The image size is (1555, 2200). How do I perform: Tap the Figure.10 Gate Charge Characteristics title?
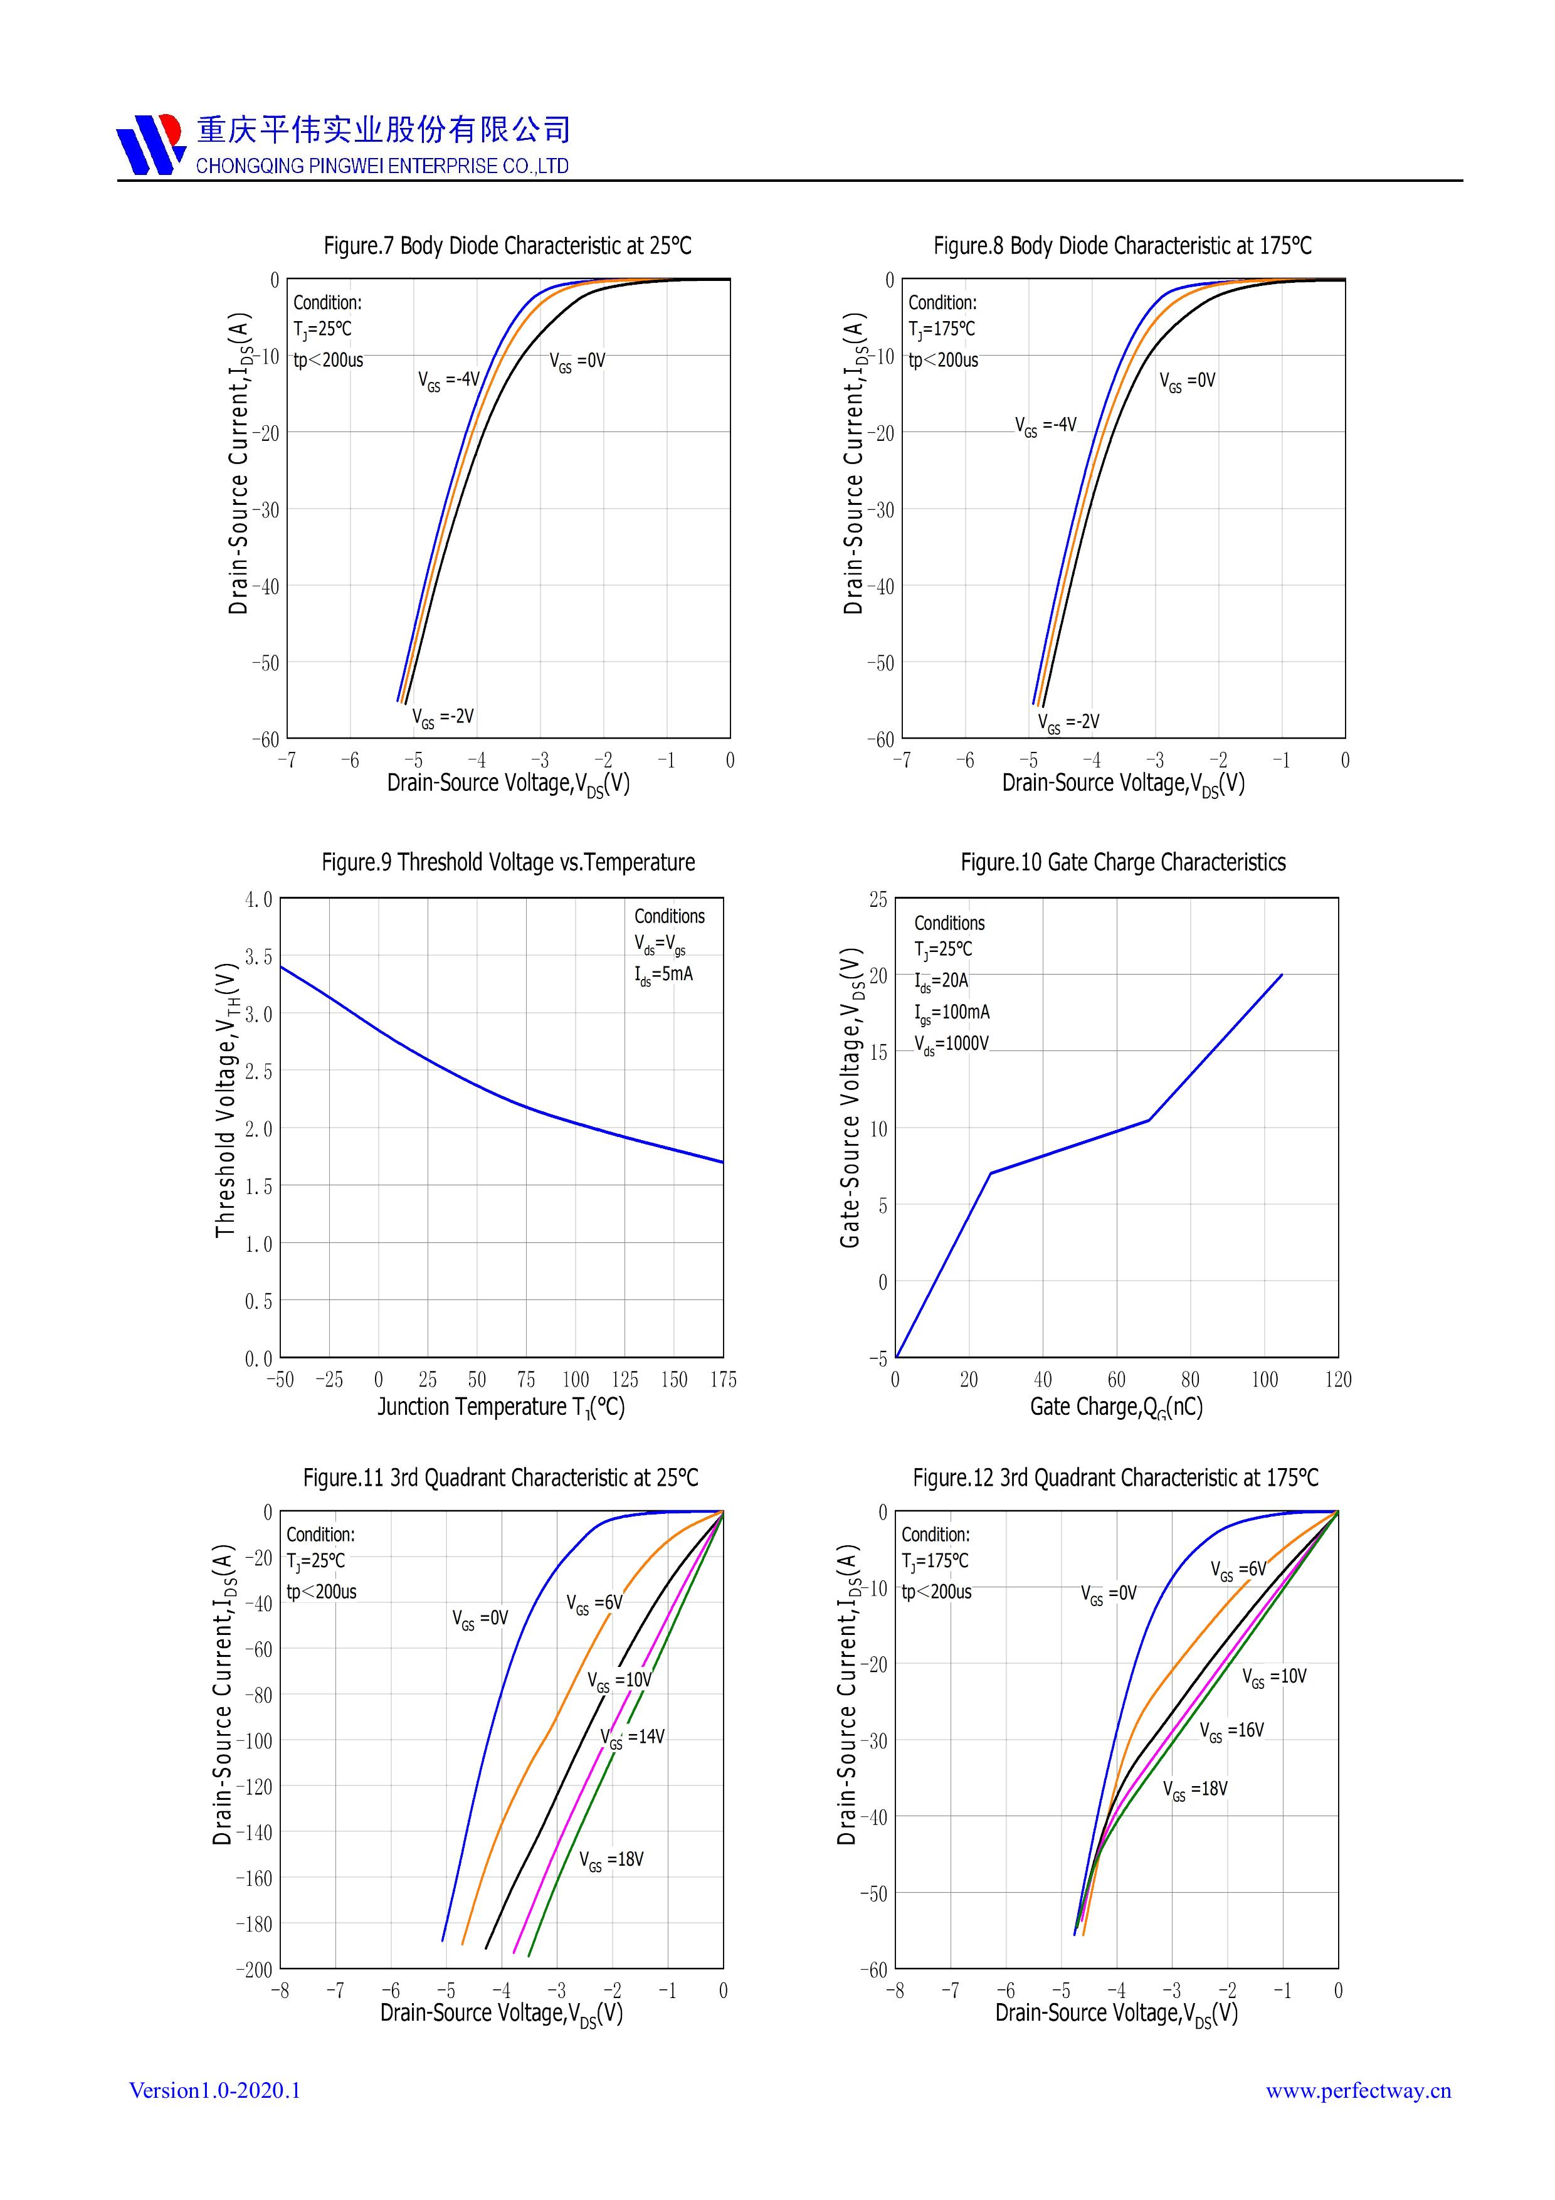pos(1123,862)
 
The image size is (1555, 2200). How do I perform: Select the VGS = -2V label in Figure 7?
pos(443,717)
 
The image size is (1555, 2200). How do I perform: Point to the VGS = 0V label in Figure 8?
pos(1187,381)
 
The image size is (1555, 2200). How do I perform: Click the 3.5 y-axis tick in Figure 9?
pos(259,956)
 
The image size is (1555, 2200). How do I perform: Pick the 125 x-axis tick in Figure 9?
pos(625,1380)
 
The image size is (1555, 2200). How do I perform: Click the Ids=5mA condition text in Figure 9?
pos(663,975)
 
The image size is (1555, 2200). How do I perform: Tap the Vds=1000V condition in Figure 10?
pos(951,1044)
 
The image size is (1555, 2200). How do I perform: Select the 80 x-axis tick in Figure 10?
pos(1190,1380)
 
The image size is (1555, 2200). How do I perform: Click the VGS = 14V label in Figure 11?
pos(633,1737)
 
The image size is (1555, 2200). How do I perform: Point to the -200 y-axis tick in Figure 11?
pos(255,1969)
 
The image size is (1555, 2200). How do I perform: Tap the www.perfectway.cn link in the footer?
pos(1357,2091)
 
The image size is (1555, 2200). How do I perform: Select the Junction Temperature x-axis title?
pos(500,1407)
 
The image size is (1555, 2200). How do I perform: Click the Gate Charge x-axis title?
pos(1116,1407)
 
